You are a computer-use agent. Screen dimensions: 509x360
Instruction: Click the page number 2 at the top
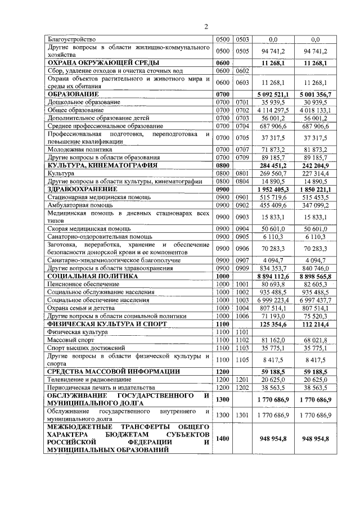coord(206,26)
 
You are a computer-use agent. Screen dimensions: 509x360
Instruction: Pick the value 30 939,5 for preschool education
coord(314,102)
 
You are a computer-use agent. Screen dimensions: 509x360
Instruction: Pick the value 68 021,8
coord(314,340)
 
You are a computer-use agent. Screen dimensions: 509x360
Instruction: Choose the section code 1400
coord(223,438)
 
